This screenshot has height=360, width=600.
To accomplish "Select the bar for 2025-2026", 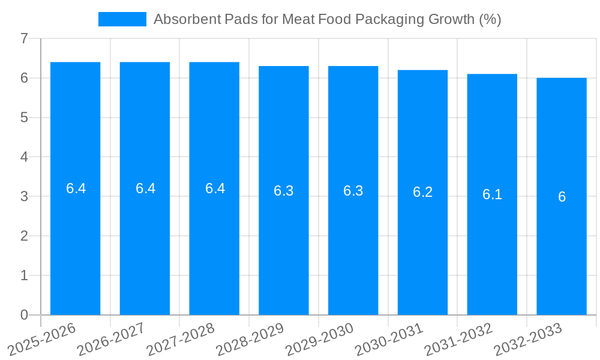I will click(x=75, y=252).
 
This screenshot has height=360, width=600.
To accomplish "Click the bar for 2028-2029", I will click(x=284, y=252).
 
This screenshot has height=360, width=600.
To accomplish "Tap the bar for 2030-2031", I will click(x=422, y=252).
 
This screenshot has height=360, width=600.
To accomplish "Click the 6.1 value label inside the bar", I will click(x=492, y=194).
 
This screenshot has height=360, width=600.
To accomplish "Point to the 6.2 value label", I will click(x=422, y=192).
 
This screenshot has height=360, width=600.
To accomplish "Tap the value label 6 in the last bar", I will click(x=562, y=197).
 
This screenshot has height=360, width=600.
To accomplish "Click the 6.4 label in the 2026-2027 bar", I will click(x=145, y=188).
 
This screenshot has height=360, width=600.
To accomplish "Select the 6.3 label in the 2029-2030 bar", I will click(x=353, y=191).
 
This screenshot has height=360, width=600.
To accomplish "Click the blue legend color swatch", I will click(x=122, y=19).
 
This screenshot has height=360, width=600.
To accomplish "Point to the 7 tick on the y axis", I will click(x=24, y=38).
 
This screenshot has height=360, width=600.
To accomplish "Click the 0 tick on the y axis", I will click(x=24, y=315).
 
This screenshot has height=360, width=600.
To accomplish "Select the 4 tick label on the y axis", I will click(x=24, y=157).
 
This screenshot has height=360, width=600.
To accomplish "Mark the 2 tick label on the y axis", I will click(x=24, y=236).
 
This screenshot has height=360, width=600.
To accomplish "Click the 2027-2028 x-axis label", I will click(x=181, y=338).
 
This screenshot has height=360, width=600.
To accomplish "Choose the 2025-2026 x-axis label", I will click(x=42, y=338).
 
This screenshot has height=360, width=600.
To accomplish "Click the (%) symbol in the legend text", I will click(x=490, y=19).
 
